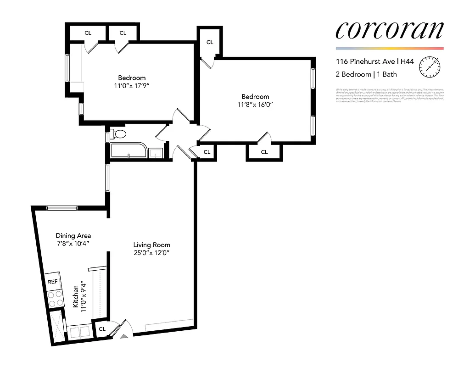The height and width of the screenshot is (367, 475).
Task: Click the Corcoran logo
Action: click(x=390, y=30)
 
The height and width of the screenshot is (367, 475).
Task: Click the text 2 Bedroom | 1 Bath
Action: click(x=366, y=74)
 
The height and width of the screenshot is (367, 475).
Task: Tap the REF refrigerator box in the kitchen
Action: click(x=53, y=282)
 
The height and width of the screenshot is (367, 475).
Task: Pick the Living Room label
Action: click(x=151, y=245)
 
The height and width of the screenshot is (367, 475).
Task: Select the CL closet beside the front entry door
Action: click(x=102, y=329)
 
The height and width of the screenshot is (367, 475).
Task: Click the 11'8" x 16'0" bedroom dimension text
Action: click(x=255, y=105)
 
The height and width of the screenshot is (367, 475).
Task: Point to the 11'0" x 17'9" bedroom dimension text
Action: click(x=132, y=86)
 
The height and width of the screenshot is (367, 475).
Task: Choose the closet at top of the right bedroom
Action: click(x=210, y=42)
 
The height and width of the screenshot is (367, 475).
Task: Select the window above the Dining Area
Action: click(x=62, y=207)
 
